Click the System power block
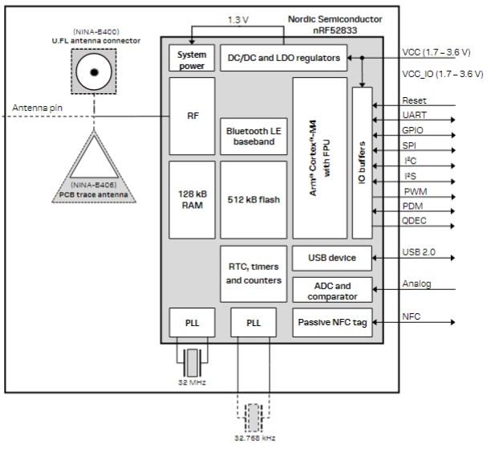click(x=192, y=59)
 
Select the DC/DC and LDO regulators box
click(x=283, y=58)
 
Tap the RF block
click(x=192, y=115)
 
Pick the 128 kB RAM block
click(x=192, y=199)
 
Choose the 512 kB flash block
click(x=253, y=199)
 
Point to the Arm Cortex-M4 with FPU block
click(x=319, y=157)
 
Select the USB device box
click(x=332, y=258)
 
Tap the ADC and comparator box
click(x=332, y=290)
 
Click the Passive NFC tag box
click(x=332, y=322)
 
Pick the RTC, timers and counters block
click(x=253, y=273)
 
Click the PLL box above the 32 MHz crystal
click(x=192, y=322)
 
